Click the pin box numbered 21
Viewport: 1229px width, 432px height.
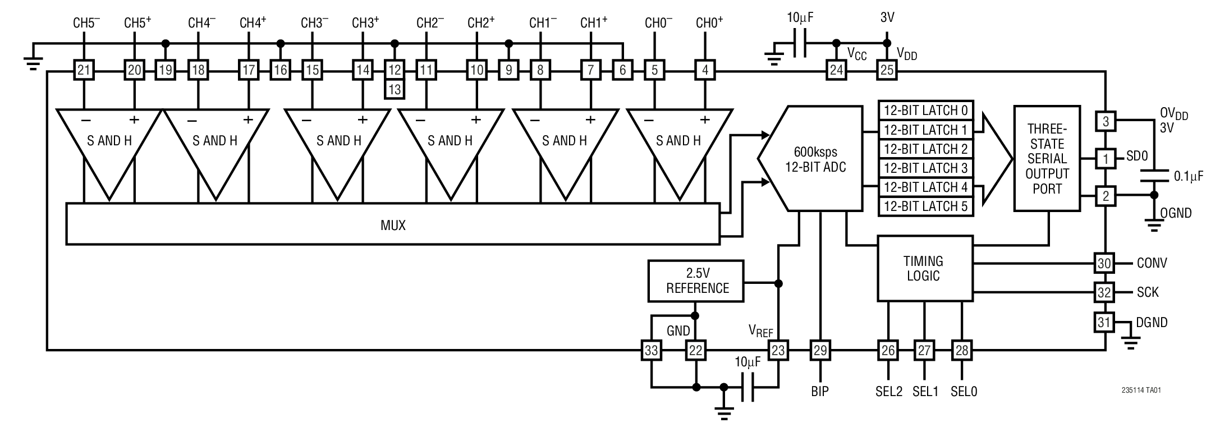(x=84, y=71)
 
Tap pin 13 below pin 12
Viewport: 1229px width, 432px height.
(x=395, y=89)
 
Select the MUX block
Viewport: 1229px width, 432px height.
(x=393, y=225)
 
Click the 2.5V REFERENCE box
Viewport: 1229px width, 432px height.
(x=696, y=281)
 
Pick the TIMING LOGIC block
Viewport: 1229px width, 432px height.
(x=924, y=268)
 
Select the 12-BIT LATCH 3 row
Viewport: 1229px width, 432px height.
(x=925, y=168)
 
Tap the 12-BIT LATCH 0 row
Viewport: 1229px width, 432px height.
(x=925, y=110)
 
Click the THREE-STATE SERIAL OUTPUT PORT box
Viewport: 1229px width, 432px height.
(x=1047, y=158)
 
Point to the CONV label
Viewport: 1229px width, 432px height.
(x=1152, y=263)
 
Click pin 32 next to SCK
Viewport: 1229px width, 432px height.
(x=1104, y=292)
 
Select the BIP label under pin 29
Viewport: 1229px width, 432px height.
(x=820, y=391)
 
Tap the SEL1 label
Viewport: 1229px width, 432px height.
(x=925, y=391)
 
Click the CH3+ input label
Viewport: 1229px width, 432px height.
(x=365, y=23)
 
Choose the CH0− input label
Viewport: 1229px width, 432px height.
(x=658, y=23)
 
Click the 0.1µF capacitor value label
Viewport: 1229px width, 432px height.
(x=1189, y=176)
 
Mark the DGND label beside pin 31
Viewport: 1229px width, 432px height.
(x=1152, y=322)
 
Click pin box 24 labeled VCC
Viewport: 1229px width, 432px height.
(x=836, y=71)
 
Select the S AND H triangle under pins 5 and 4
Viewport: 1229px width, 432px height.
(x=679, y=146)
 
